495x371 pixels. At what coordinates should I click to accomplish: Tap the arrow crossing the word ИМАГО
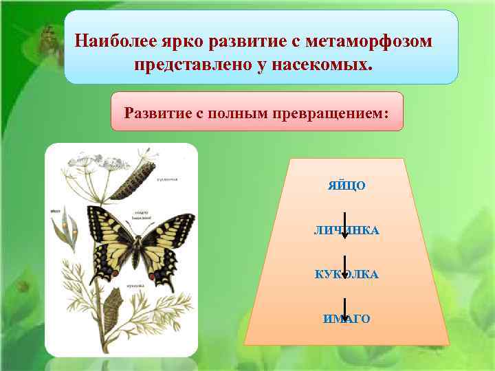[x=344, y=315]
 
